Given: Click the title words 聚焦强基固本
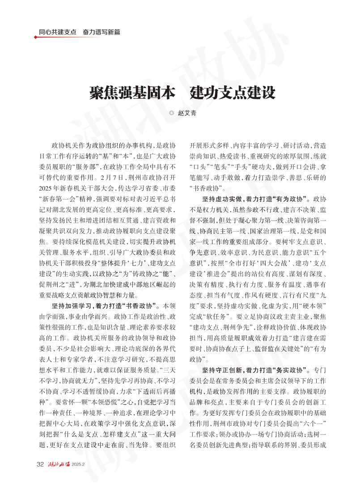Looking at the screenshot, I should tap(131, 93).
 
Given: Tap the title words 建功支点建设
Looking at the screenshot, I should tap(233, 93).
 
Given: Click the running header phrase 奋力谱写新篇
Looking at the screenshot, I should tap(101, 32).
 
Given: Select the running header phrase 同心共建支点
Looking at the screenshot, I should tap(57, 32).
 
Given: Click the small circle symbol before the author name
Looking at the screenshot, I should tap(171, 114).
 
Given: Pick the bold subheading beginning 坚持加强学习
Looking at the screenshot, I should tap(105, 306).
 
